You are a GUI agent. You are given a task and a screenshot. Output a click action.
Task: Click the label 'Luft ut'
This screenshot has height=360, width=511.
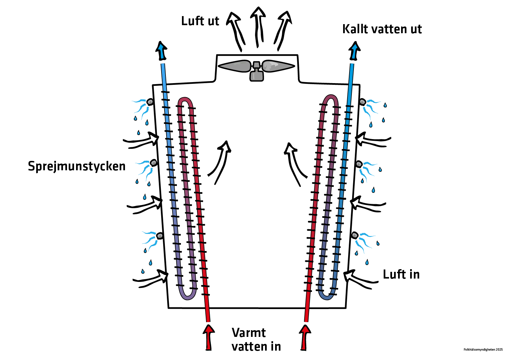200,21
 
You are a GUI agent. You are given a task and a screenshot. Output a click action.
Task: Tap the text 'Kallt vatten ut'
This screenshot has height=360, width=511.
382,29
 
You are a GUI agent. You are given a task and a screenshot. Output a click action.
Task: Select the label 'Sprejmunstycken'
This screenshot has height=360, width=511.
77,166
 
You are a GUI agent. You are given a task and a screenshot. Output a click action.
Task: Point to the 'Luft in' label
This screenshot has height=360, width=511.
401,275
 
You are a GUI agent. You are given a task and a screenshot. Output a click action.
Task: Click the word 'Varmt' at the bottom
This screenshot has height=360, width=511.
249,333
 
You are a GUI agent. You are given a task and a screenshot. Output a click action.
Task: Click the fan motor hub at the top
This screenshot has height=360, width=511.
257,71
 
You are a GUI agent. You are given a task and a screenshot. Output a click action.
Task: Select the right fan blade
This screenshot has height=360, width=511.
278,66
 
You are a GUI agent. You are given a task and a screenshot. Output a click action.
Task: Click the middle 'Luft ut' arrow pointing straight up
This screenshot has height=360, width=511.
258,27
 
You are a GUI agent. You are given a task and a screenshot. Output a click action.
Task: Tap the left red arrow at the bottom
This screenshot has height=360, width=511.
209,337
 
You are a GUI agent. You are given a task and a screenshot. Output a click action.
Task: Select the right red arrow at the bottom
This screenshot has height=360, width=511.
305,337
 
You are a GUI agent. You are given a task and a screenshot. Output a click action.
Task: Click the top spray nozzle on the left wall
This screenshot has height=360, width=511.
150,102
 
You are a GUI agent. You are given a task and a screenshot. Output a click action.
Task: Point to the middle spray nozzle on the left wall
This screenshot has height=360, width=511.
154,163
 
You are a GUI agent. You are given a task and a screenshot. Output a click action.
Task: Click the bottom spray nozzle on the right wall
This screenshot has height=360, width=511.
355,235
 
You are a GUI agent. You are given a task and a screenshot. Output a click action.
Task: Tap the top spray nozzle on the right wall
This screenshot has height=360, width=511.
362,101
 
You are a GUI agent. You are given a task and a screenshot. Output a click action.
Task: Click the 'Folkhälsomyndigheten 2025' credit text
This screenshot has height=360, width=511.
483,350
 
